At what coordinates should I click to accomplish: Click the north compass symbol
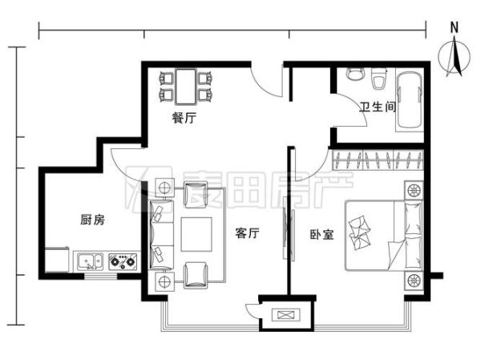pyautogui.click(x=454, y=59)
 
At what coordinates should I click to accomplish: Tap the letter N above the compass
pyautogui.click(x=454, y=26)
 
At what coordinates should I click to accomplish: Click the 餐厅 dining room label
pyautogui.click(x=184, y=118)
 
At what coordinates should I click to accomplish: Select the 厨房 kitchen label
pyautogui.click(x=91, y=220)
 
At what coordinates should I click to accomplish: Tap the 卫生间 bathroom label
pyautogui.click(x=377, y=107)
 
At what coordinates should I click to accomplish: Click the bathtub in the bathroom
pyautogui.click(x=410, y=101)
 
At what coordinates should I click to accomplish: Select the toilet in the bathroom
pyautogui.click(x=380, y=81)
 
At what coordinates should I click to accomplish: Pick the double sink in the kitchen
pyautogui.click(x=88, y=261)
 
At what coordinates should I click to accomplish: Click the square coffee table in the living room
pyautogui.click(x=196, y=234)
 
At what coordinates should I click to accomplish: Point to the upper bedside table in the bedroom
pyautogui.click(x=414, y=191)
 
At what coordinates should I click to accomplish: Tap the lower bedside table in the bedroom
pyautogui.click(x=414, y=280)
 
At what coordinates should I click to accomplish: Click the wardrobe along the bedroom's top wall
pyautogui.click(x=378, y=159)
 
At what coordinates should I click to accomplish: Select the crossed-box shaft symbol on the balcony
pyautogui.click(x=285, y=314)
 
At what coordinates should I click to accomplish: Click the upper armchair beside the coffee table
pyautogui.click(x=196, y=194)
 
